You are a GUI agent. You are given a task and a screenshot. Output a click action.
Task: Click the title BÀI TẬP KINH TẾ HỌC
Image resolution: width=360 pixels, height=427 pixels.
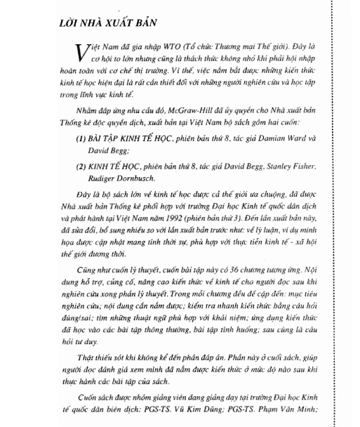(133, 150)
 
